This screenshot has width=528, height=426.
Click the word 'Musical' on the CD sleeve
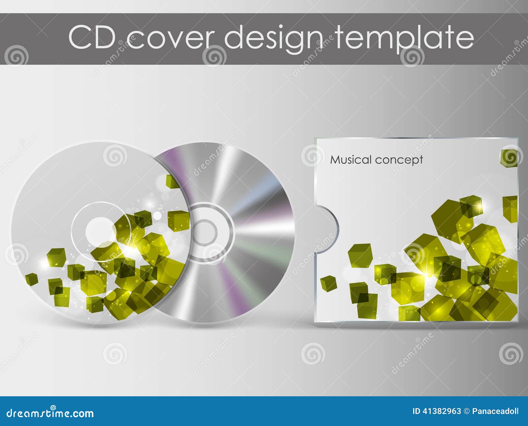click(351, 160)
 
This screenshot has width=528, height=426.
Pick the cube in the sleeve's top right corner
click(509, 158)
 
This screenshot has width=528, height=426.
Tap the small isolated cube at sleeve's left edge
click(328, 283)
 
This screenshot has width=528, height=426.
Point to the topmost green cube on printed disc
click(172, 181)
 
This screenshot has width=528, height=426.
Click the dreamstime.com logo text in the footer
click(50, 413)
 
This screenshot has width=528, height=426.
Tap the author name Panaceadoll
click(495, 411)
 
